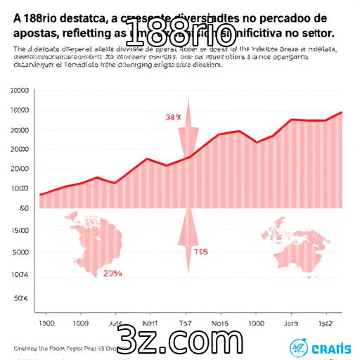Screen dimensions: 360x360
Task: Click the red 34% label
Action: tap(174, 117)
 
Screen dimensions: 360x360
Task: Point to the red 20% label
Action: tap(112, 274)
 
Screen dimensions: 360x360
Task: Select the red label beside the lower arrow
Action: tap(201, 251)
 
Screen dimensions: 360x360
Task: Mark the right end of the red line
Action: tap(342, 112)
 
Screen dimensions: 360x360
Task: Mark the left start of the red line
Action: tap(41, 194)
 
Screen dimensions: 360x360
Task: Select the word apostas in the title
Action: tap(35, 33)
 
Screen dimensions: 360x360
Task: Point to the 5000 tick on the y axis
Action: tap(21, 252)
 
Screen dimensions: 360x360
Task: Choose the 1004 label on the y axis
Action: tap(21, 274)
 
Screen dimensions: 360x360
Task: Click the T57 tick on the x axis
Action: tap(186, 323)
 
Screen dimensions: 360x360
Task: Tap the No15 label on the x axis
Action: tap(220, 323)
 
